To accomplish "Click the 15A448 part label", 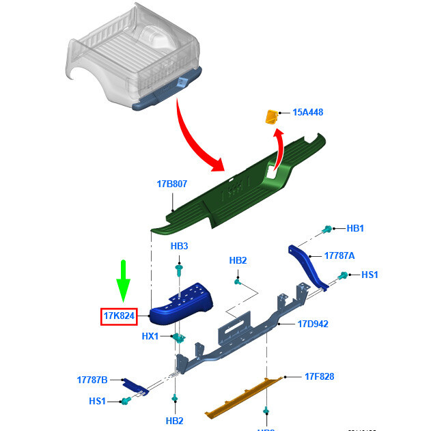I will pos(308,113).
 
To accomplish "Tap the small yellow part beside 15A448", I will pos(272,117).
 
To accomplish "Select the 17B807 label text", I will pos(171,184).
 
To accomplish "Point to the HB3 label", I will pos(179,246).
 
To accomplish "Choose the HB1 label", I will pos(355,228).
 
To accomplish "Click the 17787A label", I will pos(339,255).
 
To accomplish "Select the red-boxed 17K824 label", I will pos(119,316).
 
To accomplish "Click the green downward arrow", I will pos(123,280).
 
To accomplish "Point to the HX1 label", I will pos(150,336).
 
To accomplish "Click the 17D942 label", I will pos(312,324).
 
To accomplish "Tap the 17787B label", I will pos(92,379).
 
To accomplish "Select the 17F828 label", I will pos(319,376).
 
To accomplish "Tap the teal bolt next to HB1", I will pos(328,229).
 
